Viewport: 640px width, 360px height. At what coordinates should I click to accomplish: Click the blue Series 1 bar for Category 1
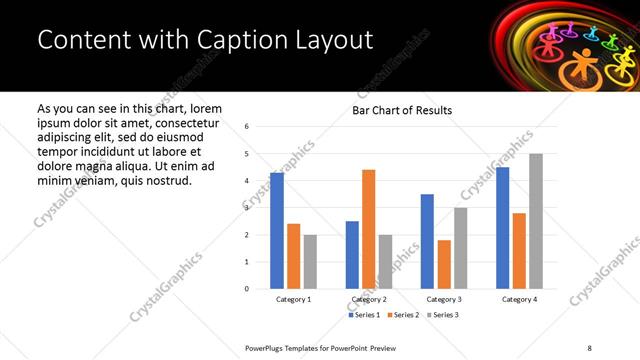pos(277,231)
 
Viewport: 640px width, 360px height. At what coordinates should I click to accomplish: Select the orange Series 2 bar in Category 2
pos(368,229)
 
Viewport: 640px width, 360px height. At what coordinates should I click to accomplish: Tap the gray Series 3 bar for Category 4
pos(536,221)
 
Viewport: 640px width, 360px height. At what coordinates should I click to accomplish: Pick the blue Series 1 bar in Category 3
pos(427,241)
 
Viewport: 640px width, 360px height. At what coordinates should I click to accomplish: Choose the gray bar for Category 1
pos(310,262)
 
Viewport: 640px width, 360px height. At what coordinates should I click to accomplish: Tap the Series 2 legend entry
pos(402,315)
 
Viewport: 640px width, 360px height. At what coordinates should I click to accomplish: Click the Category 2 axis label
pos(369,299)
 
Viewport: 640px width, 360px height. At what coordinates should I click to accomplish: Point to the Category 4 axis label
pos(519,299)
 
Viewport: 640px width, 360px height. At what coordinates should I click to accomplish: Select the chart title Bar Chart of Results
pos(401,110)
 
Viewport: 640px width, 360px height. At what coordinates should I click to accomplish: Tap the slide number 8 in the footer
pos(589,347)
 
